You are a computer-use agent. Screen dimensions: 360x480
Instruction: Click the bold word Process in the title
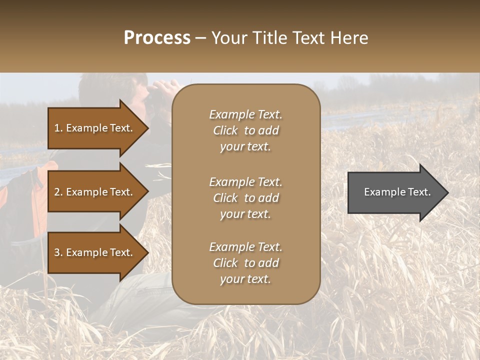click(157, 38)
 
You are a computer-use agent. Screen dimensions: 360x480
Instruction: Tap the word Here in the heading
click(349, 38)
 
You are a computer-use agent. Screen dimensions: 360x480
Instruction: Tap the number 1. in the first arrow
click(58, 128)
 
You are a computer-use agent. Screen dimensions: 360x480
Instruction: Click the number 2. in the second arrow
click(58, 192)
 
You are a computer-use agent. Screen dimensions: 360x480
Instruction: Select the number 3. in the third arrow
click(58, 252)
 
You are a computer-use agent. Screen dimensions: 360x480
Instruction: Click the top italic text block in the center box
click(245, 130)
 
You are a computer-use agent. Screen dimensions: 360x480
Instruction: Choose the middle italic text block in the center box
click(245, 198)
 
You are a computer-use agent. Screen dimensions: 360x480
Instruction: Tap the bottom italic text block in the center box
click(245, 263)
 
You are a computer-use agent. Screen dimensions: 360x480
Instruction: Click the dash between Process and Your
click(201, 38)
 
